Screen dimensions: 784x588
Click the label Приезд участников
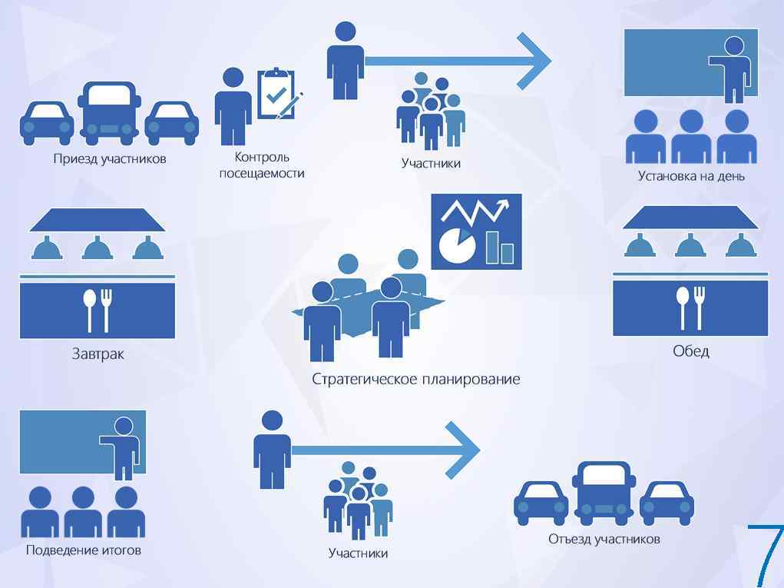(x=110, y=159)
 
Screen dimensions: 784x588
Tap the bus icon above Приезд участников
(x=109, y=113)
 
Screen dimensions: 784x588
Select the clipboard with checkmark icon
(x=277, y=94)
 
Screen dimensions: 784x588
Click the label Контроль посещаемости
(x=262, y=165)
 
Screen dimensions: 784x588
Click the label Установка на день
(x=691, y=176)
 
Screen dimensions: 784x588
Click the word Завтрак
(x=97, y=354)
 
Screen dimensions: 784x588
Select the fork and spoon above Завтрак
(x=98, y=308)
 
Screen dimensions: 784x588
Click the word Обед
(x=690, y=351)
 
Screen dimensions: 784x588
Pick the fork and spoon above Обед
(x=690, y=306)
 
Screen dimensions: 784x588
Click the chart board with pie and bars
(x=476, y=231)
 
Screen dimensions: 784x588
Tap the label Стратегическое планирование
(x=415, y=379)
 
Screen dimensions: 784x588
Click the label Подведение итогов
(x=84, y=550)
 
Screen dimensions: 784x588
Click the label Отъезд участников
(x=604, y=539)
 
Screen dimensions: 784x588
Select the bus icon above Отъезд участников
(x=604, y=493)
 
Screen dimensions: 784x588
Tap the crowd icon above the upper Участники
(x=431, y=112)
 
